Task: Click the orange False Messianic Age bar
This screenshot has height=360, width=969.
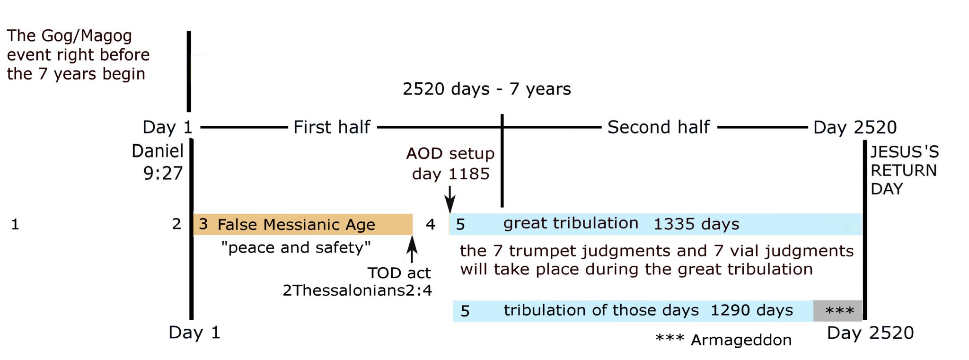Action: coord(303,224)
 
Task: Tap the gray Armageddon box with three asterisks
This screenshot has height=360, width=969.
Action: coord(837,311)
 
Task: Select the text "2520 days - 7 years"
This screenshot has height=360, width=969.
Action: coord(487,89)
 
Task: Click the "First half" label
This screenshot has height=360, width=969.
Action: coord(332,127)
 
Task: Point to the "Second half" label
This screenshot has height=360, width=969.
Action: coord(659,127)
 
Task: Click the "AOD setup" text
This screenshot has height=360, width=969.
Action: coord(450,153)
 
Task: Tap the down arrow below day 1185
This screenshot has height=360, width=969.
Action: coord(450,199)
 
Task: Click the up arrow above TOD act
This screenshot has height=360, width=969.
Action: coord(412,249)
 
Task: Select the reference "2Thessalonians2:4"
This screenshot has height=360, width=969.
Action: coord(357,290)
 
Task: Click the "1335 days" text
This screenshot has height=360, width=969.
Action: coord(696,224)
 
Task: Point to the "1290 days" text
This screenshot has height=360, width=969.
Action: coord(752,310)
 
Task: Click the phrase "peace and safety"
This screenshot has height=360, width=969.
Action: coord(296,247)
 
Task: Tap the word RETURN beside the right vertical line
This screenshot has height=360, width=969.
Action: coord(904,170)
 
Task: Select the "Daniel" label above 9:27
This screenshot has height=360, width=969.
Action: coord(158,151)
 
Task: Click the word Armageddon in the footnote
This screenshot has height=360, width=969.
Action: coord(741,340)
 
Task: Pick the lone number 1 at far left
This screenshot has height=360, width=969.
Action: coord(15,224)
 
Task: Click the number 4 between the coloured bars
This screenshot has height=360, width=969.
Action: coord(430,224)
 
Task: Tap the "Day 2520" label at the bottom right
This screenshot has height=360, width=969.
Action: coord(870,333)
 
